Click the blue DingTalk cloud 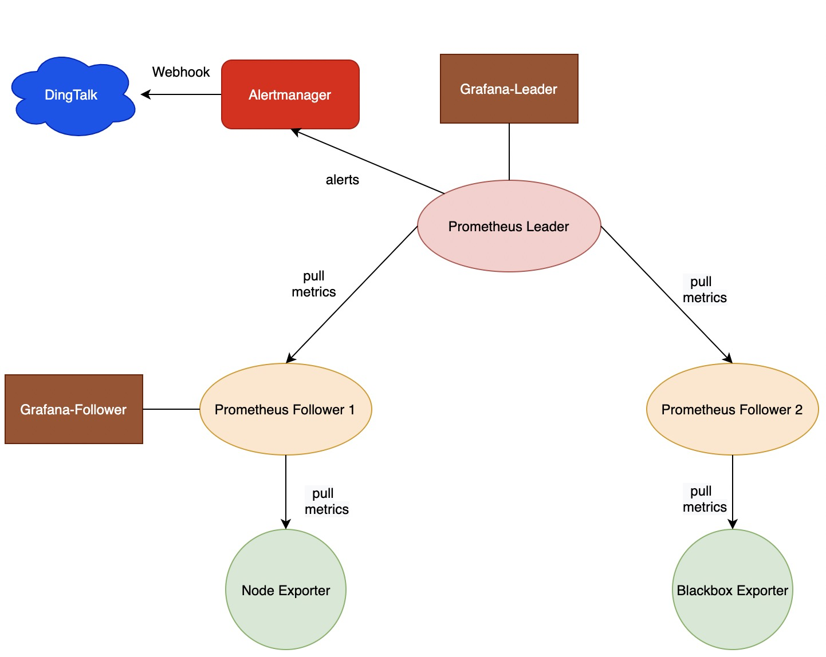point(72,96)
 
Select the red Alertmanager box point(290,94)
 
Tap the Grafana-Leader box point(509,89)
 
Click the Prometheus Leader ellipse point(509,226)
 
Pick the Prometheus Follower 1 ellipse point(285,409)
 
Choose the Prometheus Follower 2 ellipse point(732,409)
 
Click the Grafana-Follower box point(73,409)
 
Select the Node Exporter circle point(285,590)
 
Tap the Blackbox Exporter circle point(732,590)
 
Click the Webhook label point(181,72)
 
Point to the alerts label point(343,180)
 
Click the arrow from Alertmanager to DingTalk point(181,94)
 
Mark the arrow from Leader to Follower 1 point(352,295)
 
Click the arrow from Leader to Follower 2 point(666,295)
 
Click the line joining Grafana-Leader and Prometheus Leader point(509,152)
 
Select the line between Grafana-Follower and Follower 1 point(171,409)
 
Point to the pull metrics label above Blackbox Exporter point(704,499)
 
